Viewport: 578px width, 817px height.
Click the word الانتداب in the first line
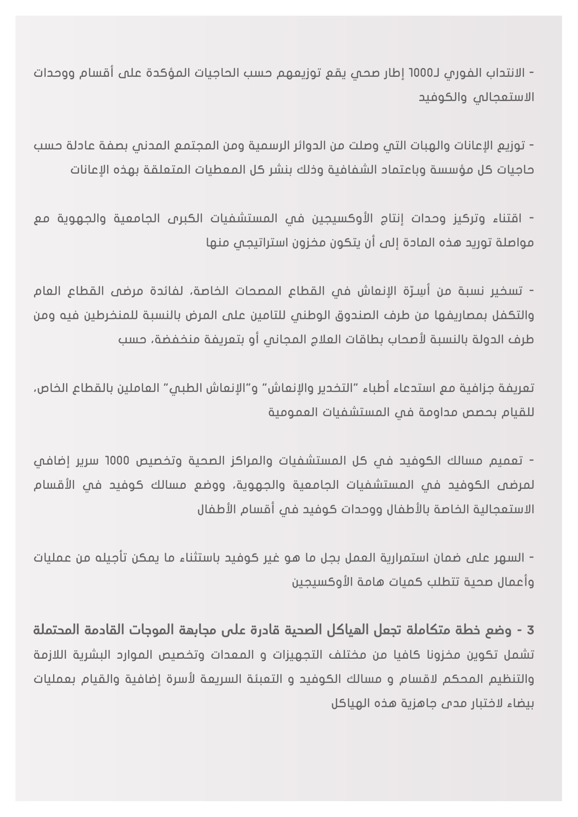click(506, 74)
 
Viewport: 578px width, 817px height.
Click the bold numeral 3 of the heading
click(530, 631)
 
